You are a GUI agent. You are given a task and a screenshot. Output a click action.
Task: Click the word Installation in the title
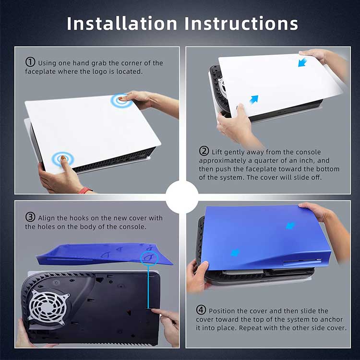click(122, 24)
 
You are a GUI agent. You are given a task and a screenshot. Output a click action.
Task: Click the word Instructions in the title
click(241, 24)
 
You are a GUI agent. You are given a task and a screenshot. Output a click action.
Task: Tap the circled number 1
click(30, 62)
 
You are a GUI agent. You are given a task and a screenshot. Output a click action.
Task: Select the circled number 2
click(204, 151)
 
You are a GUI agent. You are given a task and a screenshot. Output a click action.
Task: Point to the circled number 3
click(30, 217)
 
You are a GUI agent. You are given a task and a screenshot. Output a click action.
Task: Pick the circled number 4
click(201, 310)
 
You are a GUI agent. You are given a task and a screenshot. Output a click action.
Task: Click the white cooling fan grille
click(48, 307)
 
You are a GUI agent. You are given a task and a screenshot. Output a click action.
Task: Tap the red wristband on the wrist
click(85, 191)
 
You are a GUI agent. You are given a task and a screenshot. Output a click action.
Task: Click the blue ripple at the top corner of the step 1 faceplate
click(121, 100)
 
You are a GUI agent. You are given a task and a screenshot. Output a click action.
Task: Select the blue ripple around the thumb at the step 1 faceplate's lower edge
click(63, 159)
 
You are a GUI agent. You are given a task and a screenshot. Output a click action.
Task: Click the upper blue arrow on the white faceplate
click(302, 62)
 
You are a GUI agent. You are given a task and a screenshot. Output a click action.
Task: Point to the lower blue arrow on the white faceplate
click(254, 99)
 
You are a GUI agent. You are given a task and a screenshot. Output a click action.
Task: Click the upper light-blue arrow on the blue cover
click(290, 226)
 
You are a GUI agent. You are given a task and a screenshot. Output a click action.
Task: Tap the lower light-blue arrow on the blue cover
click(235, 253)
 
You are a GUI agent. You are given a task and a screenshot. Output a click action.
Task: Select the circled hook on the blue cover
click(149, 257)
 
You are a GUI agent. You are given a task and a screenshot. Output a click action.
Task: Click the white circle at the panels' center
click(182, 197)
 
